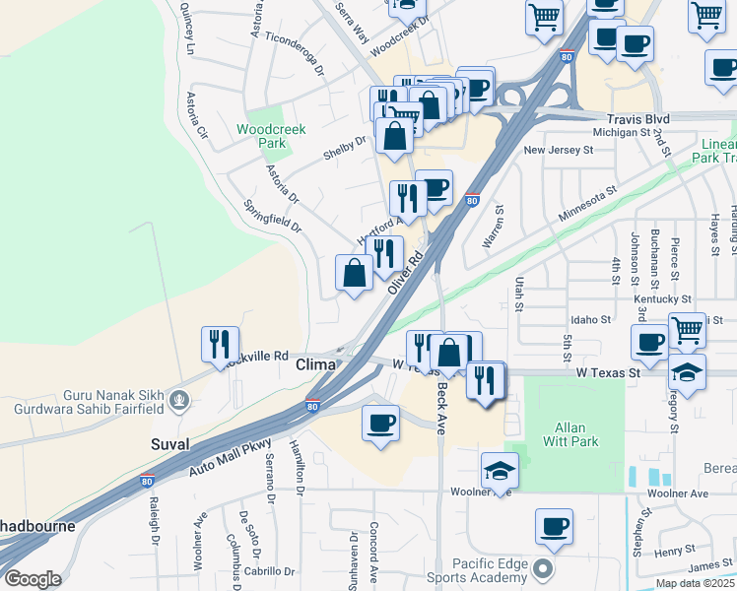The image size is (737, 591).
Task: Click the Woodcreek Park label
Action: click(x=271, y=136)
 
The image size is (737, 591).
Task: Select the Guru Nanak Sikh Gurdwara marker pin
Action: click(x=178, y=400)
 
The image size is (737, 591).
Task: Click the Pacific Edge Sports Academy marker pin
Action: click(x=542, y=568)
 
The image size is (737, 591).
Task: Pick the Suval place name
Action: click(x=170, y=445)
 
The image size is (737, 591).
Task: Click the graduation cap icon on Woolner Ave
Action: click(x=500, y=470)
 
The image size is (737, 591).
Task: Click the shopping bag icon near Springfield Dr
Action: click(x=355, y=272)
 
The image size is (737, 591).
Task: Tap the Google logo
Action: click(x=32, y=579)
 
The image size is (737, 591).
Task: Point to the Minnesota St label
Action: click(x=587, y=202)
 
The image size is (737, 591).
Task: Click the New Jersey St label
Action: click(x=558, y=151)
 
